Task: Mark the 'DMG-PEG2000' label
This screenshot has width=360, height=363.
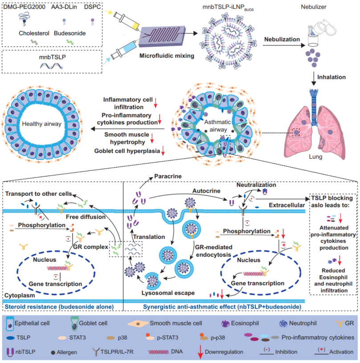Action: (x=23, y=8)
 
